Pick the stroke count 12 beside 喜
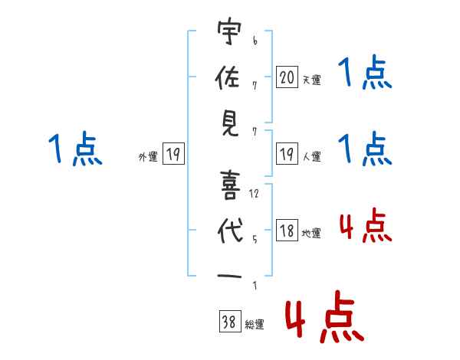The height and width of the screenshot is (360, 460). pyautogui.click(x=255, y=193)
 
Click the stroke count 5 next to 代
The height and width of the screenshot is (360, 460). pyautogui.click(x=255, y=237)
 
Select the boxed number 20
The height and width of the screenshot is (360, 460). pyautogui.click(x=287, y=77)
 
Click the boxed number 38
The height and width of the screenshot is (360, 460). pyautogui.click(x=229, y=323)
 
